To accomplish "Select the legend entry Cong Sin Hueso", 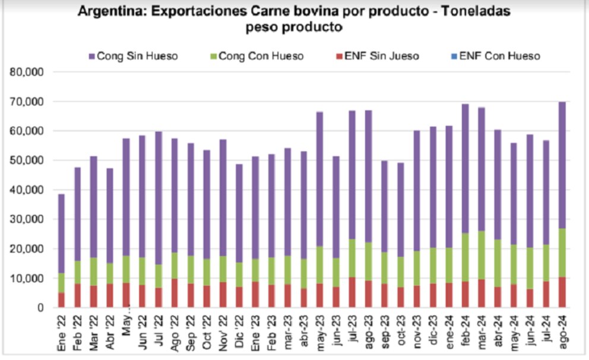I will [137, 56].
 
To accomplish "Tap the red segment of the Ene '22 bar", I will [61, 300].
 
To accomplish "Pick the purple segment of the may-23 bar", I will [319, 178].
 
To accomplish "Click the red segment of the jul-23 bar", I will [351, 292].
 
